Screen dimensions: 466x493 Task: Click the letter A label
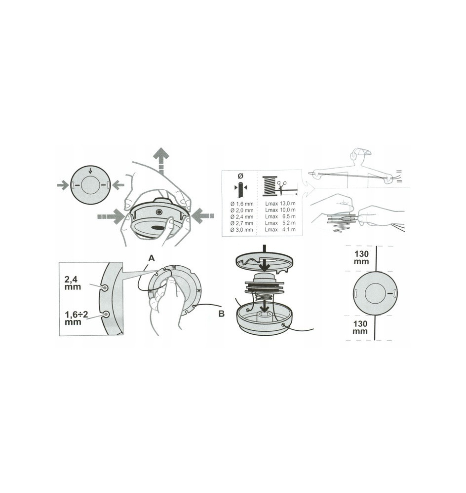152,258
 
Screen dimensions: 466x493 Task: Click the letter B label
221,314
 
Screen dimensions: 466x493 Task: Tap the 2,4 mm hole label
73,282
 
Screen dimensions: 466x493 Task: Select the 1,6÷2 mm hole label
76,318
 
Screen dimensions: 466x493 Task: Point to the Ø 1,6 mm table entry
242,204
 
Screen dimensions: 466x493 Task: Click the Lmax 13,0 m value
280,204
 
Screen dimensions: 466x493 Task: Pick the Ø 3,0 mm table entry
242,230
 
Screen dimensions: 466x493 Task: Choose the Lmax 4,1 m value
280,230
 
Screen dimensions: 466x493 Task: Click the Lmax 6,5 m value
280,216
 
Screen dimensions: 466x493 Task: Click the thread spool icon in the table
270,186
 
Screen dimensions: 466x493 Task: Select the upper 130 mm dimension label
361,257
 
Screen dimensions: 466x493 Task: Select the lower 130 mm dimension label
360,327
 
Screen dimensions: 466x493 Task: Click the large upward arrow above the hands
161,161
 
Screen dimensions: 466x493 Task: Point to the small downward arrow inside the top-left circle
91,171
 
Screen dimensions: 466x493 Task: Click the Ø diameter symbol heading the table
240,176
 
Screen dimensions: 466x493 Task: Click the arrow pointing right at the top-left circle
63,185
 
